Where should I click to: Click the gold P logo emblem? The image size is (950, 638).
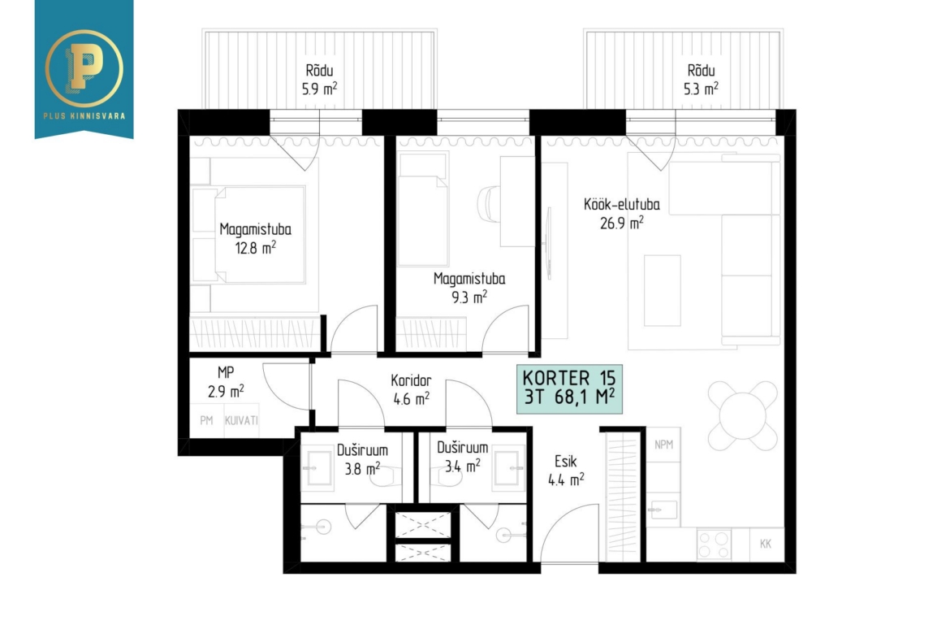[84, 68]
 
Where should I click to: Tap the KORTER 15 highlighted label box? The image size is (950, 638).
[569, 389]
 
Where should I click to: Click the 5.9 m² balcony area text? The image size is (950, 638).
[319, 89]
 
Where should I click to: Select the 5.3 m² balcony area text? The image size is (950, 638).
[701, 89]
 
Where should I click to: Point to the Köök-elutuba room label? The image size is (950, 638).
[622, 204]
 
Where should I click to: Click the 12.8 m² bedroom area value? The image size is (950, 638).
[256, 247]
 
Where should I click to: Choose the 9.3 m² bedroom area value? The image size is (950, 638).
[469, 297]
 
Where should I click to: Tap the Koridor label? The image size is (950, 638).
[411, 381]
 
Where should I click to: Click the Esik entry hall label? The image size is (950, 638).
[566, 462]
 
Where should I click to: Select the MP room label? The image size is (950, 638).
[226, 372]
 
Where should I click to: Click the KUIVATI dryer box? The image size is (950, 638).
[241, 420]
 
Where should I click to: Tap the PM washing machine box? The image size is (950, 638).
[206, 420]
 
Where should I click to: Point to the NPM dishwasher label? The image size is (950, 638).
[664, 445]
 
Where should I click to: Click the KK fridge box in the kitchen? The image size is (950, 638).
[766, 544]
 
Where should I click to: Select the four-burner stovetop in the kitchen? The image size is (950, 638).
[714, 544]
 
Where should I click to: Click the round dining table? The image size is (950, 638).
[743, 416]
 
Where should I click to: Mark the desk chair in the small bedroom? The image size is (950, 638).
[488, 203]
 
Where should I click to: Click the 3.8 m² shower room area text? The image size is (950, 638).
[362, 469]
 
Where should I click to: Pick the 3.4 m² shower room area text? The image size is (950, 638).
[463, 467]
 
